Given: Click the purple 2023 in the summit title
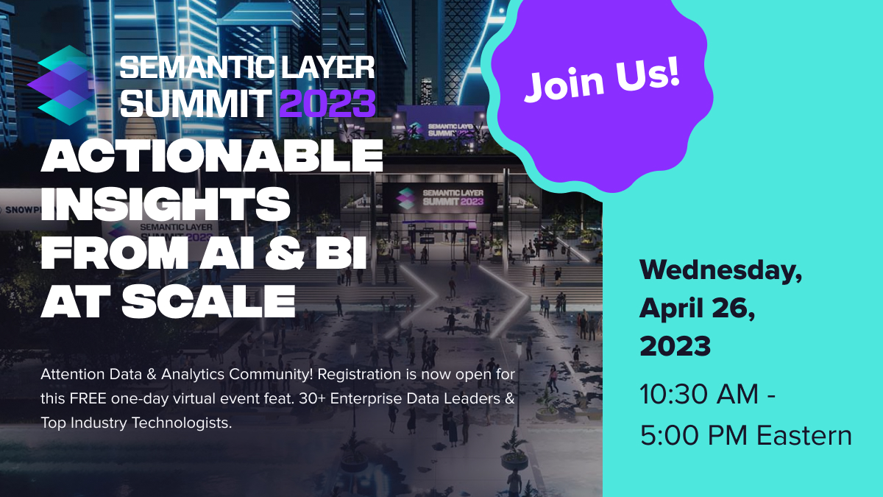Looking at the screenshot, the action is (327, 103).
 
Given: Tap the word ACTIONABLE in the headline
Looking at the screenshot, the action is (212, 155).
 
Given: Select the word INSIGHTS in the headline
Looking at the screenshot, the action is (166, 204).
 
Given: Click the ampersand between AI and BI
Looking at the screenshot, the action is (285, 253).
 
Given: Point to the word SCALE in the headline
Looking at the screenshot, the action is (208, 301).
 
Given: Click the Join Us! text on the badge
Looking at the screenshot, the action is (602, 80).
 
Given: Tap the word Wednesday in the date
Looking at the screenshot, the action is (720, 271).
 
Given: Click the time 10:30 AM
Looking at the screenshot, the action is (699, 394).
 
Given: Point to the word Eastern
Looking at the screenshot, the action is (804, 435).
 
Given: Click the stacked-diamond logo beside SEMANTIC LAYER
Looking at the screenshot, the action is (62, 85).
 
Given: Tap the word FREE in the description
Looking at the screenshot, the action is (88, 399).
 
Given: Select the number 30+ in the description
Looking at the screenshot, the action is (312, 399).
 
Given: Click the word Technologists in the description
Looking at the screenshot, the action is (181, 423).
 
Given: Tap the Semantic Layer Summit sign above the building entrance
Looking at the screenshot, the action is (440, 197).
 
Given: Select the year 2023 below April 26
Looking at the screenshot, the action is (675, 346).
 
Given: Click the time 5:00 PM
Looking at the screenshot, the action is (694, 435).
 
